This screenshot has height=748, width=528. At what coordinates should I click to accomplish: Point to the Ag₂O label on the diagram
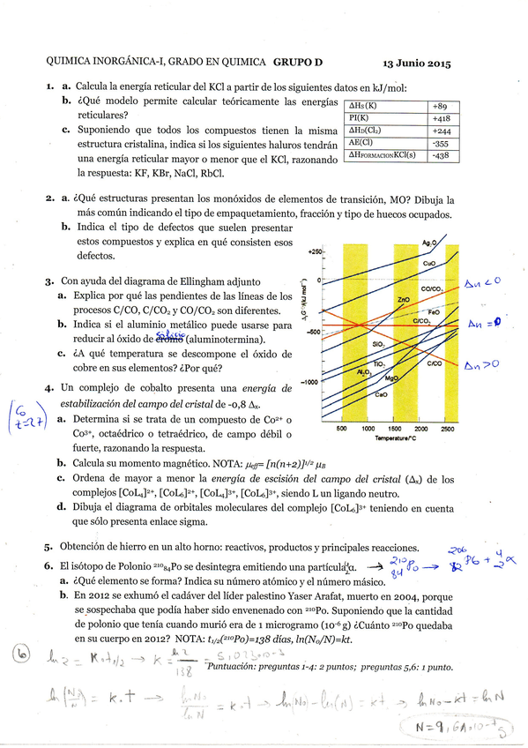pyautogui.click(x=429, y=242)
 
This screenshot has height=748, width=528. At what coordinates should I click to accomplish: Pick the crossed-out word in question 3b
pyautogui.click(x=166, y=339)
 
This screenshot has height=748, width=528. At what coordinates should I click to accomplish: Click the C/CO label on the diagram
pyautogui.click(x=434, y=363)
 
